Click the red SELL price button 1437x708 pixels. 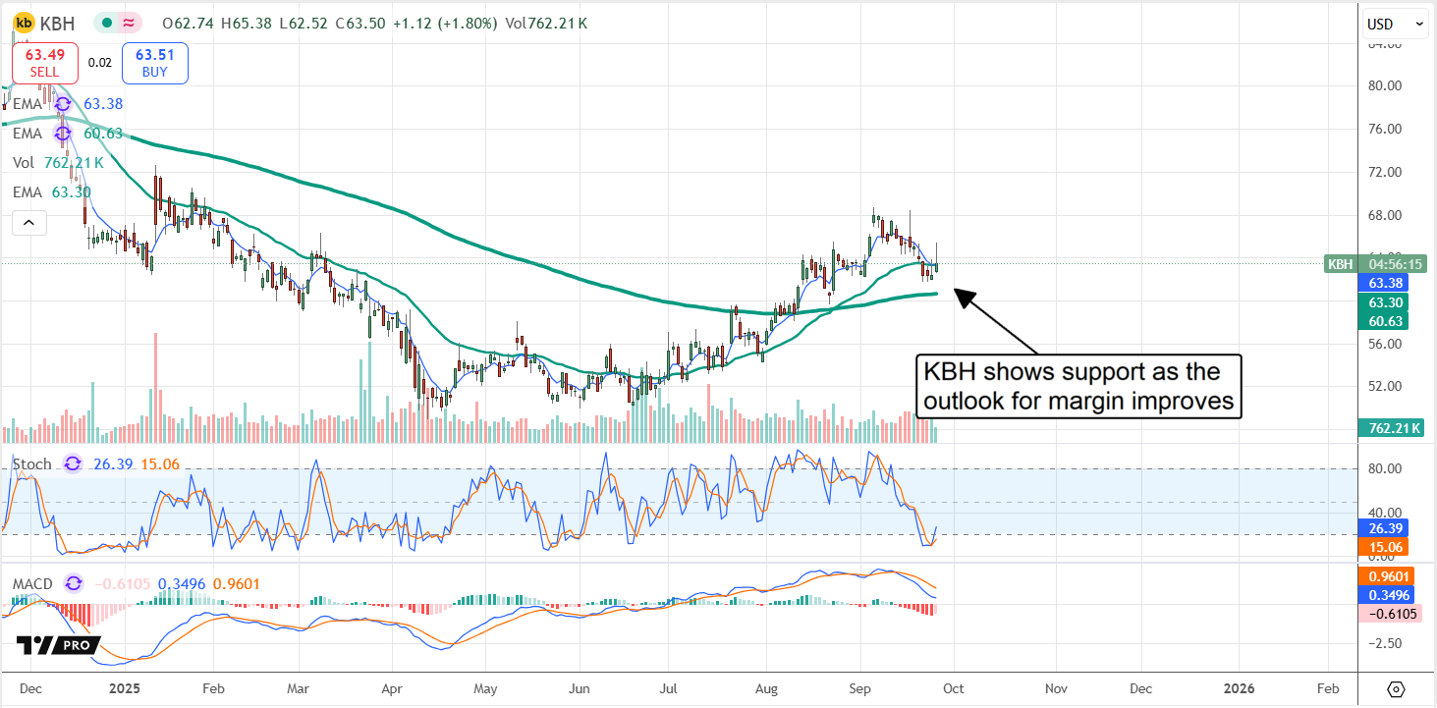click(x=44, y=62)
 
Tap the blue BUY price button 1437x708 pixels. click(x=154, y=62)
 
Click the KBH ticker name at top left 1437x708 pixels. click(x=57, y=23)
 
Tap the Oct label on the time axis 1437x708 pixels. click(x=953, y=688)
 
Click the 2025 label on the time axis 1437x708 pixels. click(x=125, y=688)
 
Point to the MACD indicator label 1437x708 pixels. click(x=32, y=584)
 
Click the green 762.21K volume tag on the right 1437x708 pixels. click(x=1397, y=428)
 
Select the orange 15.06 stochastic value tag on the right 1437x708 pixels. click(x=1396, y=546)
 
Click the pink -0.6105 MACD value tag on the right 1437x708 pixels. click(x=1396, y=613)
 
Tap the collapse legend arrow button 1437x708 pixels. click(x=28, y=223)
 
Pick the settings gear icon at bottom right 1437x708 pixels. click(x=1397, y=688)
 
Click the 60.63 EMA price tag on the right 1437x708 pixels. click(x=1396, y=321)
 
